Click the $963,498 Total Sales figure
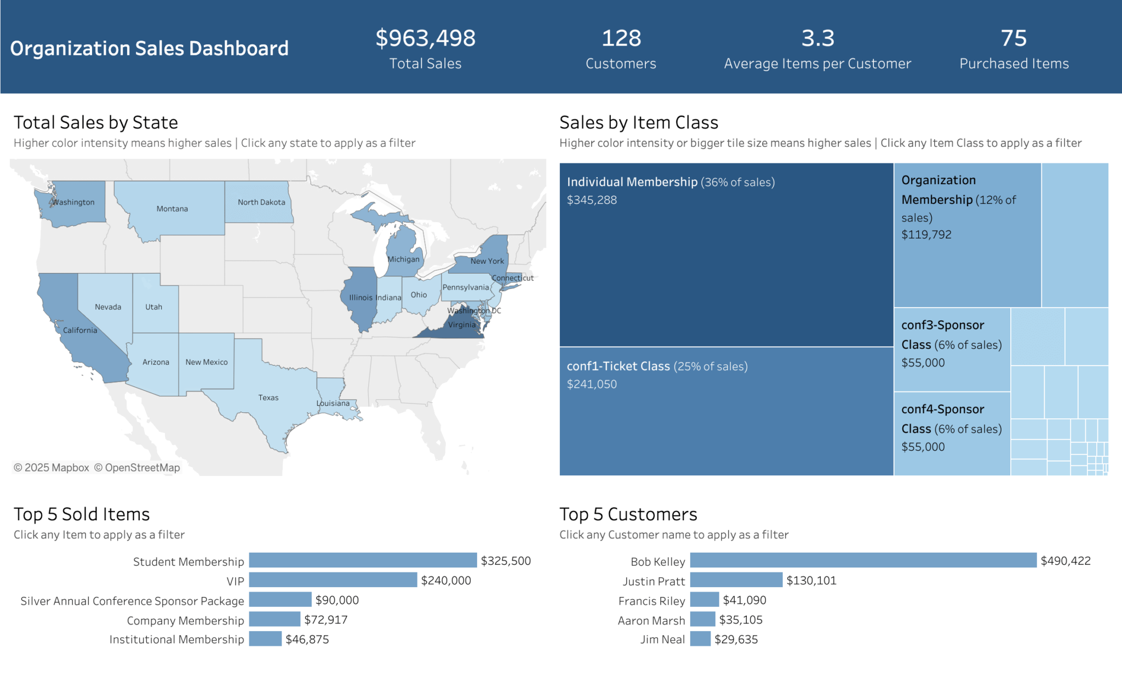pos(425,38)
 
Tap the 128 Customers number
pos(621,38)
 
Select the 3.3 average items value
pos(817,38)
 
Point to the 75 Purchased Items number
pos(1014,38)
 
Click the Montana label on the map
pos(172,209)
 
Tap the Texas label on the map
pos(268,397)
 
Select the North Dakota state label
pos(261,202)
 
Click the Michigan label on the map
pos(403,259)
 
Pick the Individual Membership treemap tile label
pos(632,182)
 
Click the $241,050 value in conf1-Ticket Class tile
pos(592,384)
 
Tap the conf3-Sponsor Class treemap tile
pos(952,344)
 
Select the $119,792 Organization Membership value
pos(926,235)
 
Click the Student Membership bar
pos(363,560)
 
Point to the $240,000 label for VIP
pos(446,581)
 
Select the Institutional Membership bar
pos(265,639)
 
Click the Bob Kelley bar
pos(863,560)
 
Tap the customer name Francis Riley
pos(651,601)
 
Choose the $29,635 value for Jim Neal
pos(736,639)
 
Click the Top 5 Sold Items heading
pos(82,514)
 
